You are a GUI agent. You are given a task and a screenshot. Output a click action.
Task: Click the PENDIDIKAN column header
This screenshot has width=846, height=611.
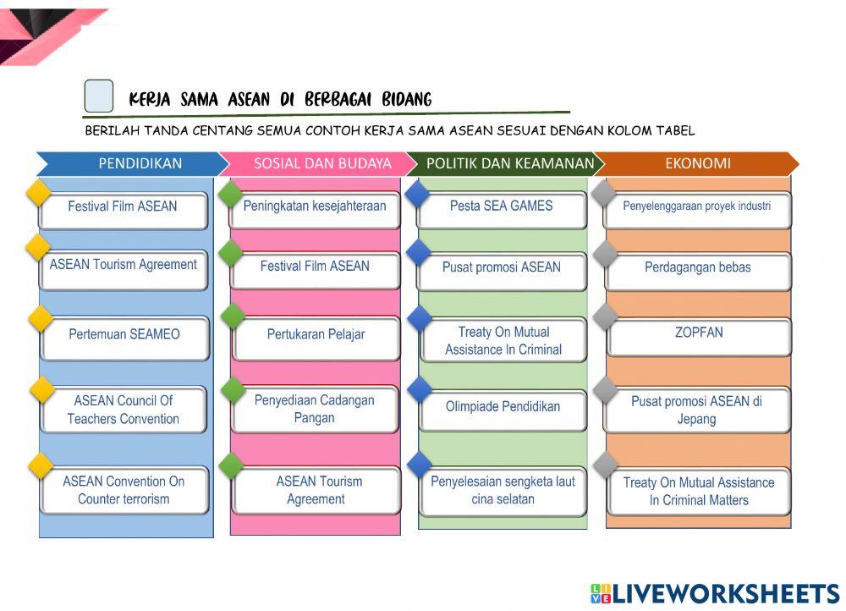[x=132, y=163]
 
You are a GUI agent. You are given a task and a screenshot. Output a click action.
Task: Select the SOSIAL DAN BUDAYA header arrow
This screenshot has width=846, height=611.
[x=317, y=163]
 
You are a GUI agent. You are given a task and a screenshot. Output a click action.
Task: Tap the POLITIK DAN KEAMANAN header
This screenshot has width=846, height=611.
[x=506, y=163]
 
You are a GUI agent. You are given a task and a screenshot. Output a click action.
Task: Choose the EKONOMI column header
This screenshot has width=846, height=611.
[x=696, y=163]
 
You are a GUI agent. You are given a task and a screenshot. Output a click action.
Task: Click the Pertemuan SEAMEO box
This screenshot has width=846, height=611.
[x=124, y=338]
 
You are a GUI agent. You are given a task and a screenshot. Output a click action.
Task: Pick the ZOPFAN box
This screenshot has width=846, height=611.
[x=699, y=337]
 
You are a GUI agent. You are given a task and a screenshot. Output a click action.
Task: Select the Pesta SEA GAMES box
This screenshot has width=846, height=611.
[x=502, y=210]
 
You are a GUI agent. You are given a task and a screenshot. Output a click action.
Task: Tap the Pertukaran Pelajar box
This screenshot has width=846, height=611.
[x=316, y=338]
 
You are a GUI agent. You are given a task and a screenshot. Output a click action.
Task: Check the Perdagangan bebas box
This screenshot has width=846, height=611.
[x=698, y=271]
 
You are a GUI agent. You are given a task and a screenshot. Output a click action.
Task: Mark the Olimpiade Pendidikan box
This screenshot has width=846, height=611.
[x=503, y=410]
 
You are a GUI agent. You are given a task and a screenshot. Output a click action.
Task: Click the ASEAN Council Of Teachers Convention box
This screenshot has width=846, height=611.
[x=124, y=409]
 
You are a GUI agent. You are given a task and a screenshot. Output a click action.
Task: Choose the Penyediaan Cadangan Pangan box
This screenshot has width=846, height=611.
[x=315, y=409]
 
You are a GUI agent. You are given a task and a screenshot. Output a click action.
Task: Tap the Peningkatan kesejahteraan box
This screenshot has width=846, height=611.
[x=315, y=210]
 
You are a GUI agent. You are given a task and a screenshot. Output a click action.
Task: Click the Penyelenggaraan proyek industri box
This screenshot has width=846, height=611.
[x=697, y=210]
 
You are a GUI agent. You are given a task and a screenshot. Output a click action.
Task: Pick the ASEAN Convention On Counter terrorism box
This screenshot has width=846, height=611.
[x=124, y=489]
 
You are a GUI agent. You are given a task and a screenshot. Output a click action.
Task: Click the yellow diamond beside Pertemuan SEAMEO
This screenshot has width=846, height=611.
[x=41, y=318]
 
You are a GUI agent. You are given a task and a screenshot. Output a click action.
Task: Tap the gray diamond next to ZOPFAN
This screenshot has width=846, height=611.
[x=606, y=317]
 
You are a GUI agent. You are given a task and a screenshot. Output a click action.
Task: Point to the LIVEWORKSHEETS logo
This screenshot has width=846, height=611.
[x=716, y=594]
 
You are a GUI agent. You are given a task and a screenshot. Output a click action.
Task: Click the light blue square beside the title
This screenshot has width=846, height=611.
[x=99, y=96]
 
